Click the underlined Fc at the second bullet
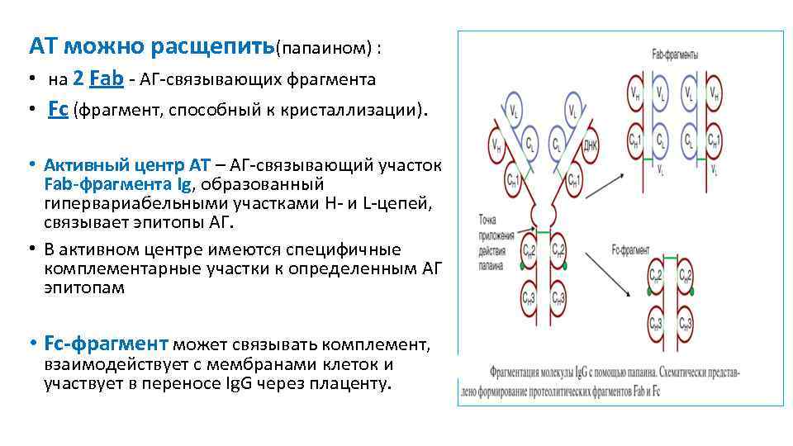pos(58,110)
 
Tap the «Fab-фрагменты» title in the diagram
pos(675,55)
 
